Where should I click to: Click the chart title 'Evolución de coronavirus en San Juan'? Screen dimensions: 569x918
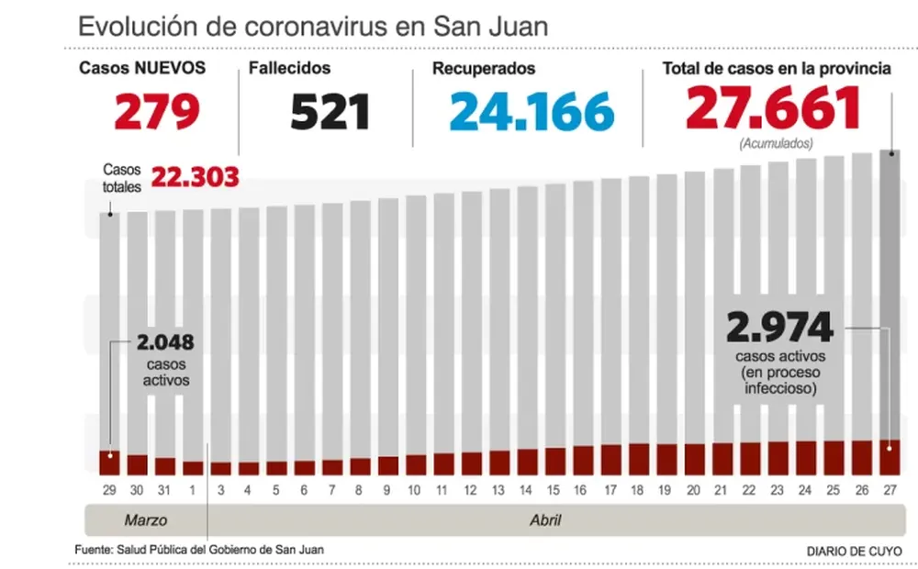click(x=313, y=26)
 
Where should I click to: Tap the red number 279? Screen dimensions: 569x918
click(x=157, y=112)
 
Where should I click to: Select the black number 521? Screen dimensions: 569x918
click(x=330, y=112)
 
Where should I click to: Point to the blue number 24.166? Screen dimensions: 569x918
click(x=532, y=112)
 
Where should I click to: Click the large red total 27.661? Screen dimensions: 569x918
click(x=773, y=108)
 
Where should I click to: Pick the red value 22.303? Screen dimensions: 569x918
click(x=195, y=177)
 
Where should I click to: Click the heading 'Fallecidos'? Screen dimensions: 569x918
click(x=290, y=69)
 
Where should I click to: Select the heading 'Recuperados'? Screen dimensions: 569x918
click(x=484, y=69)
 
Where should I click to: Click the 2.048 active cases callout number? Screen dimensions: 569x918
click(x=165, y=343)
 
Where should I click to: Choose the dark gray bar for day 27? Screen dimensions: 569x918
click(x=890, y=294)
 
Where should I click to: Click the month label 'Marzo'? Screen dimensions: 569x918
click(x=146, y=520)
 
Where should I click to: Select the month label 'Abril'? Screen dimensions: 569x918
click(x=546, y=520)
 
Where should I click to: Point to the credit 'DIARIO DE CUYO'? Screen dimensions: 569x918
click(x=854, y=551)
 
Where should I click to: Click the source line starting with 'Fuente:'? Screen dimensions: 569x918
click(x=199, y=550)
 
